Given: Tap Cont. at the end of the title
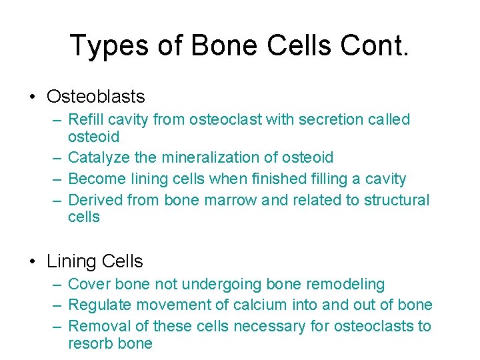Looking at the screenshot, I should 376,46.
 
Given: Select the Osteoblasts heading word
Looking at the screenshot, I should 95,97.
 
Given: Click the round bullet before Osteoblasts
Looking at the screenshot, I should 33,97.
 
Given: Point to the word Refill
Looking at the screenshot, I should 84,120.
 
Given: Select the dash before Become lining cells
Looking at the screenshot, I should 58,179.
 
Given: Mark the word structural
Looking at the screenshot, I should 396,200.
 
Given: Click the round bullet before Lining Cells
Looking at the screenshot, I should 33,261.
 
